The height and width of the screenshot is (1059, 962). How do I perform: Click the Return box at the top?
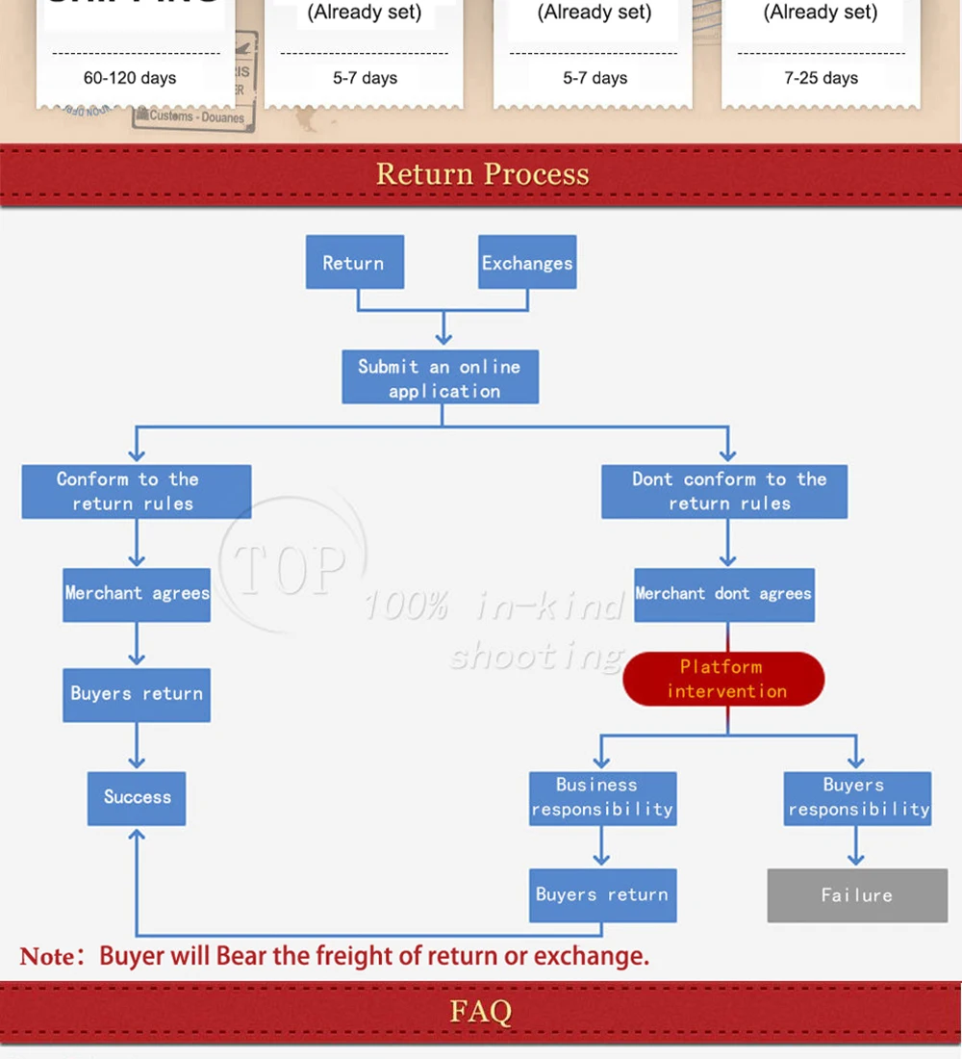(x=354, y=262)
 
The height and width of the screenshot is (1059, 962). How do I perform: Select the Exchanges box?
(x=527, y=262)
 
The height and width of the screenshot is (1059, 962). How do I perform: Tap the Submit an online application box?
(x=441, y=377)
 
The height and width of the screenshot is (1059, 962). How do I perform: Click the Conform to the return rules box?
(x=136, y=491)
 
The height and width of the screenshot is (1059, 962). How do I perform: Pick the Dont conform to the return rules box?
(x=724, y=491)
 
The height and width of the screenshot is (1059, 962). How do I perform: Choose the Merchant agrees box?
(x=137, y=594)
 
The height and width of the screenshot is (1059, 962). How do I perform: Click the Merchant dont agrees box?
(x=723, y=594)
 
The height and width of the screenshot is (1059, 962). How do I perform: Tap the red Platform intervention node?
(x=723, y=679)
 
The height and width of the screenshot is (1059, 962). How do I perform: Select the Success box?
(x=137, y=797)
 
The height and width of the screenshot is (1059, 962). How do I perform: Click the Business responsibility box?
(x=602, y=797)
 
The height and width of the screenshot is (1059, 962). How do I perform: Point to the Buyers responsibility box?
(x=857, y=797)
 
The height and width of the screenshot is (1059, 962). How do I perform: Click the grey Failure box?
(x=857, y=895)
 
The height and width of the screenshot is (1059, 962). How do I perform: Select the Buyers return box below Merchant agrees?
(x=137, y=694)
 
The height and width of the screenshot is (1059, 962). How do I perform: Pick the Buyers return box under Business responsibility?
(x=602, y=895)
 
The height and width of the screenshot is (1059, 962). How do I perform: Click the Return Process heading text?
(x=482, y=174)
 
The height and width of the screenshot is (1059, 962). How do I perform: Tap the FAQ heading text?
(x=481, y=1011)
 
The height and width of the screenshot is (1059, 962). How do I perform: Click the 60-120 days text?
(x=130, y=78)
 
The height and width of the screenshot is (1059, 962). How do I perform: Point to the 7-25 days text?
(x=821, y=78)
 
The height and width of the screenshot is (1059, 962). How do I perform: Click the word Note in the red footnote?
(x=46, y=957)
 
